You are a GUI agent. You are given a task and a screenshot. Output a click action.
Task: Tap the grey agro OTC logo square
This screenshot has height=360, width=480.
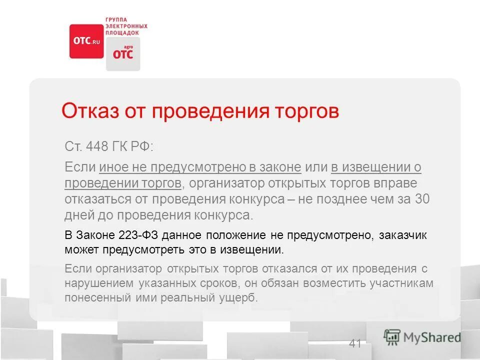[123, 53]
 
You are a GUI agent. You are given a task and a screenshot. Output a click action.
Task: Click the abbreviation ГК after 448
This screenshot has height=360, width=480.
[123, 147]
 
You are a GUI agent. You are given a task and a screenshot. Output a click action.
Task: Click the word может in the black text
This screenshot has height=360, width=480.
[80, 248]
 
